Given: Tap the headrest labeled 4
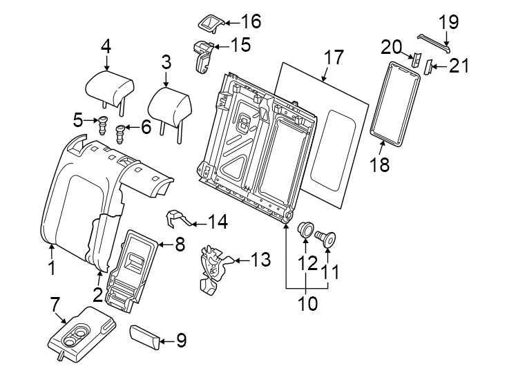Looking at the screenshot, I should [108, 87].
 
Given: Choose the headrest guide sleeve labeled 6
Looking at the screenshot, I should [121, 131].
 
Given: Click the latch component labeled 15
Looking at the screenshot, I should [202, 55].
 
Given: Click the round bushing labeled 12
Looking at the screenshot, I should [305, 229].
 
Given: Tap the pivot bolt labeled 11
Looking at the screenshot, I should [325, 239].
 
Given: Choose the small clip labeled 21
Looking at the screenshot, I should [427, 67].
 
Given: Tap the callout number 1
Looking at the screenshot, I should [51, 267].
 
